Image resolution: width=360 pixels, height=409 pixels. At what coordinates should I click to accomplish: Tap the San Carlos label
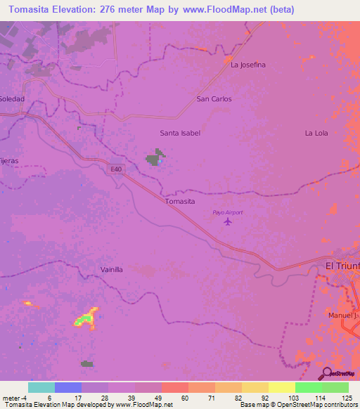[214, 99]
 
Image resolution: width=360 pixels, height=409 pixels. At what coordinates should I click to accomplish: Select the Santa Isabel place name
[180, 133]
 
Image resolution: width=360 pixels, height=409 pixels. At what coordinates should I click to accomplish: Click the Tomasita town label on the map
[179, 201]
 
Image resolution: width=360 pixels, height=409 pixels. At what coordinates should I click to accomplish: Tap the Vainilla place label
[112, 269]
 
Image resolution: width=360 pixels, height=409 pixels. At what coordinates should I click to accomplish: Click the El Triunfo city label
[342, 265]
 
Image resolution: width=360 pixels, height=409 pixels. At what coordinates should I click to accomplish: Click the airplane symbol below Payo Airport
[227, 222]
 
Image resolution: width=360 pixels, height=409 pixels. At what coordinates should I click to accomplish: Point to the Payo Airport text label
[227, 212]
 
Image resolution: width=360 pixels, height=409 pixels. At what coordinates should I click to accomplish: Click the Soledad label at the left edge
[12, 99]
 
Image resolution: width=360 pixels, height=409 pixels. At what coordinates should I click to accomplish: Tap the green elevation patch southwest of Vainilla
[85, 320]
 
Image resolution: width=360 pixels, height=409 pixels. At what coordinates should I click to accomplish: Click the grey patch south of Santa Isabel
[155, 158]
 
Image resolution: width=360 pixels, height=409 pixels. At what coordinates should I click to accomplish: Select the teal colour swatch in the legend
[41, 387]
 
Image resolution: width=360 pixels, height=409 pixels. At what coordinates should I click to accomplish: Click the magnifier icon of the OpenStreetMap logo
[326, 374]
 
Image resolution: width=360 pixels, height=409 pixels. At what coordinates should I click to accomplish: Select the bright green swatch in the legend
[308, 387]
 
